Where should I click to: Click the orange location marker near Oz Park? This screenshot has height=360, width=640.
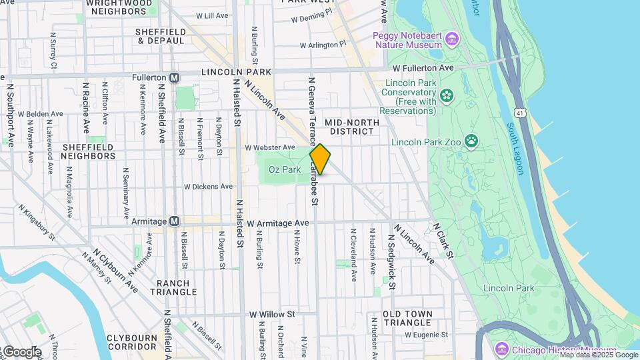320,159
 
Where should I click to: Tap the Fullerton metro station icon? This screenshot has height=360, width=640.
174,77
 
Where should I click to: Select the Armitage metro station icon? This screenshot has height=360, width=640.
174,221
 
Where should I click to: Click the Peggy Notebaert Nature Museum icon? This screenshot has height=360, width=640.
453,39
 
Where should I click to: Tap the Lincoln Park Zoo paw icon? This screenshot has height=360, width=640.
472,141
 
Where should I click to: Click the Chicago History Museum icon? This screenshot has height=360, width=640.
503,350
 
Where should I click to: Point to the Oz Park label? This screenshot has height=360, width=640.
285,170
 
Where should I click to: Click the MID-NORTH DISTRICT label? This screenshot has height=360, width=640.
351,127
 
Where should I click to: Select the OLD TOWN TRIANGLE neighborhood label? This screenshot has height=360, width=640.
407,318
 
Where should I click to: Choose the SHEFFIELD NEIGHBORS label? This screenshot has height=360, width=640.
88,151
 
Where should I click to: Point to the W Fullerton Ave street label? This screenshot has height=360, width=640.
423,68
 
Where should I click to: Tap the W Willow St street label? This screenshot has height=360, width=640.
272,314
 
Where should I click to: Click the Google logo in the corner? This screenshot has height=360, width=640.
21,351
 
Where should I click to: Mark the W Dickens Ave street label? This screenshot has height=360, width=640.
208,187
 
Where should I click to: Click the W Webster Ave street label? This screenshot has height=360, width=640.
269,147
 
